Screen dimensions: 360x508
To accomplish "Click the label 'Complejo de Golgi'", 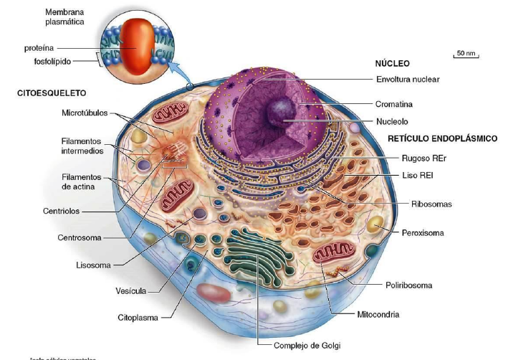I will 307,346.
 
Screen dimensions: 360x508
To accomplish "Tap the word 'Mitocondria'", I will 378,314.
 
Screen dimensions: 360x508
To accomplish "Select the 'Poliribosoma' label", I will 408,285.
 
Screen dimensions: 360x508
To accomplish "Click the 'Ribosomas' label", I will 431,204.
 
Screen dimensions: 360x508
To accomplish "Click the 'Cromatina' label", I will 394,104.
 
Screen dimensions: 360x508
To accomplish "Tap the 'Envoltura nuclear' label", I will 408,79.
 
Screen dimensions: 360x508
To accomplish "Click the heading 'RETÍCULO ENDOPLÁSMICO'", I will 442,138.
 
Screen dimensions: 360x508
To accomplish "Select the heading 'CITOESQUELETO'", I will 52,93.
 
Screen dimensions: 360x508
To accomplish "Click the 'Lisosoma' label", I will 93,265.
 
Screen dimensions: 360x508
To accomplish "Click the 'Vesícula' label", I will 130,290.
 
